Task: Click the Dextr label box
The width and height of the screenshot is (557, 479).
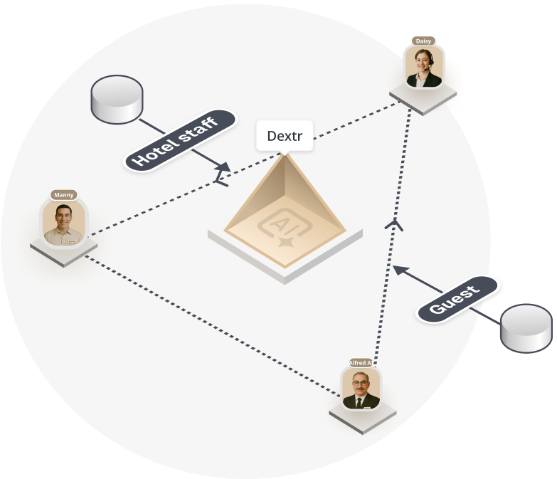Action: click(x=285, y=136)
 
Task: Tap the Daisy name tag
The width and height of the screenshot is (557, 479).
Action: click(x=423, y=41)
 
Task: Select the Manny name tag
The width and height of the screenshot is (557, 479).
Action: click(x=64, y=195)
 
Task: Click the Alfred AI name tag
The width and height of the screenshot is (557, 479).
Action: click(x=361, y=363)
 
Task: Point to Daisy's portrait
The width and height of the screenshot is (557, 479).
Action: click(x=424, y=67)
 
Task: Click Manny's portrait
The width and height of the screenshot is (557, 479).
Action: click(x=64, y=223)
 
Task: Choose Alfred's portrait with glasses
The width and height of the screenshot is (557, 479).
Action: click(x=361, y=389)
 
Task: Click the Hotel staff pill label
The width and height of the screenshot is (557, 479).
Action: click(x=179, y=140)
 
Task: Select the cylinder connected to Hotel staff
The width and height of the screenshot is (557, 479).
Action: click(x=117, y=99)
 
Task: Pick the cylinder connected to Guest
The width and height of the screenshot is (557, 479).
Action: click(x=526, y=328)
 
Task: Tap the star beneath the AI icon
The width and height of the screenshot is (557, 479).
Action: click(x=286, y=242)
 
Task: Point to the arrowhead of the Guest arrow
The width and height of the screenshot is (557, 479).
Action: click(x=400, y=270)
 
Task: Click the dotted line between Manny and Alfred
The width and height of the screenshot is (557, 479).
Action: click(x=213, y=326)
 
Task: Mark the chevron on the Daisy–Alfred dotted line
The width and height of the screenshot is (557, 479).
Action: click(x=394, y=225)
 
